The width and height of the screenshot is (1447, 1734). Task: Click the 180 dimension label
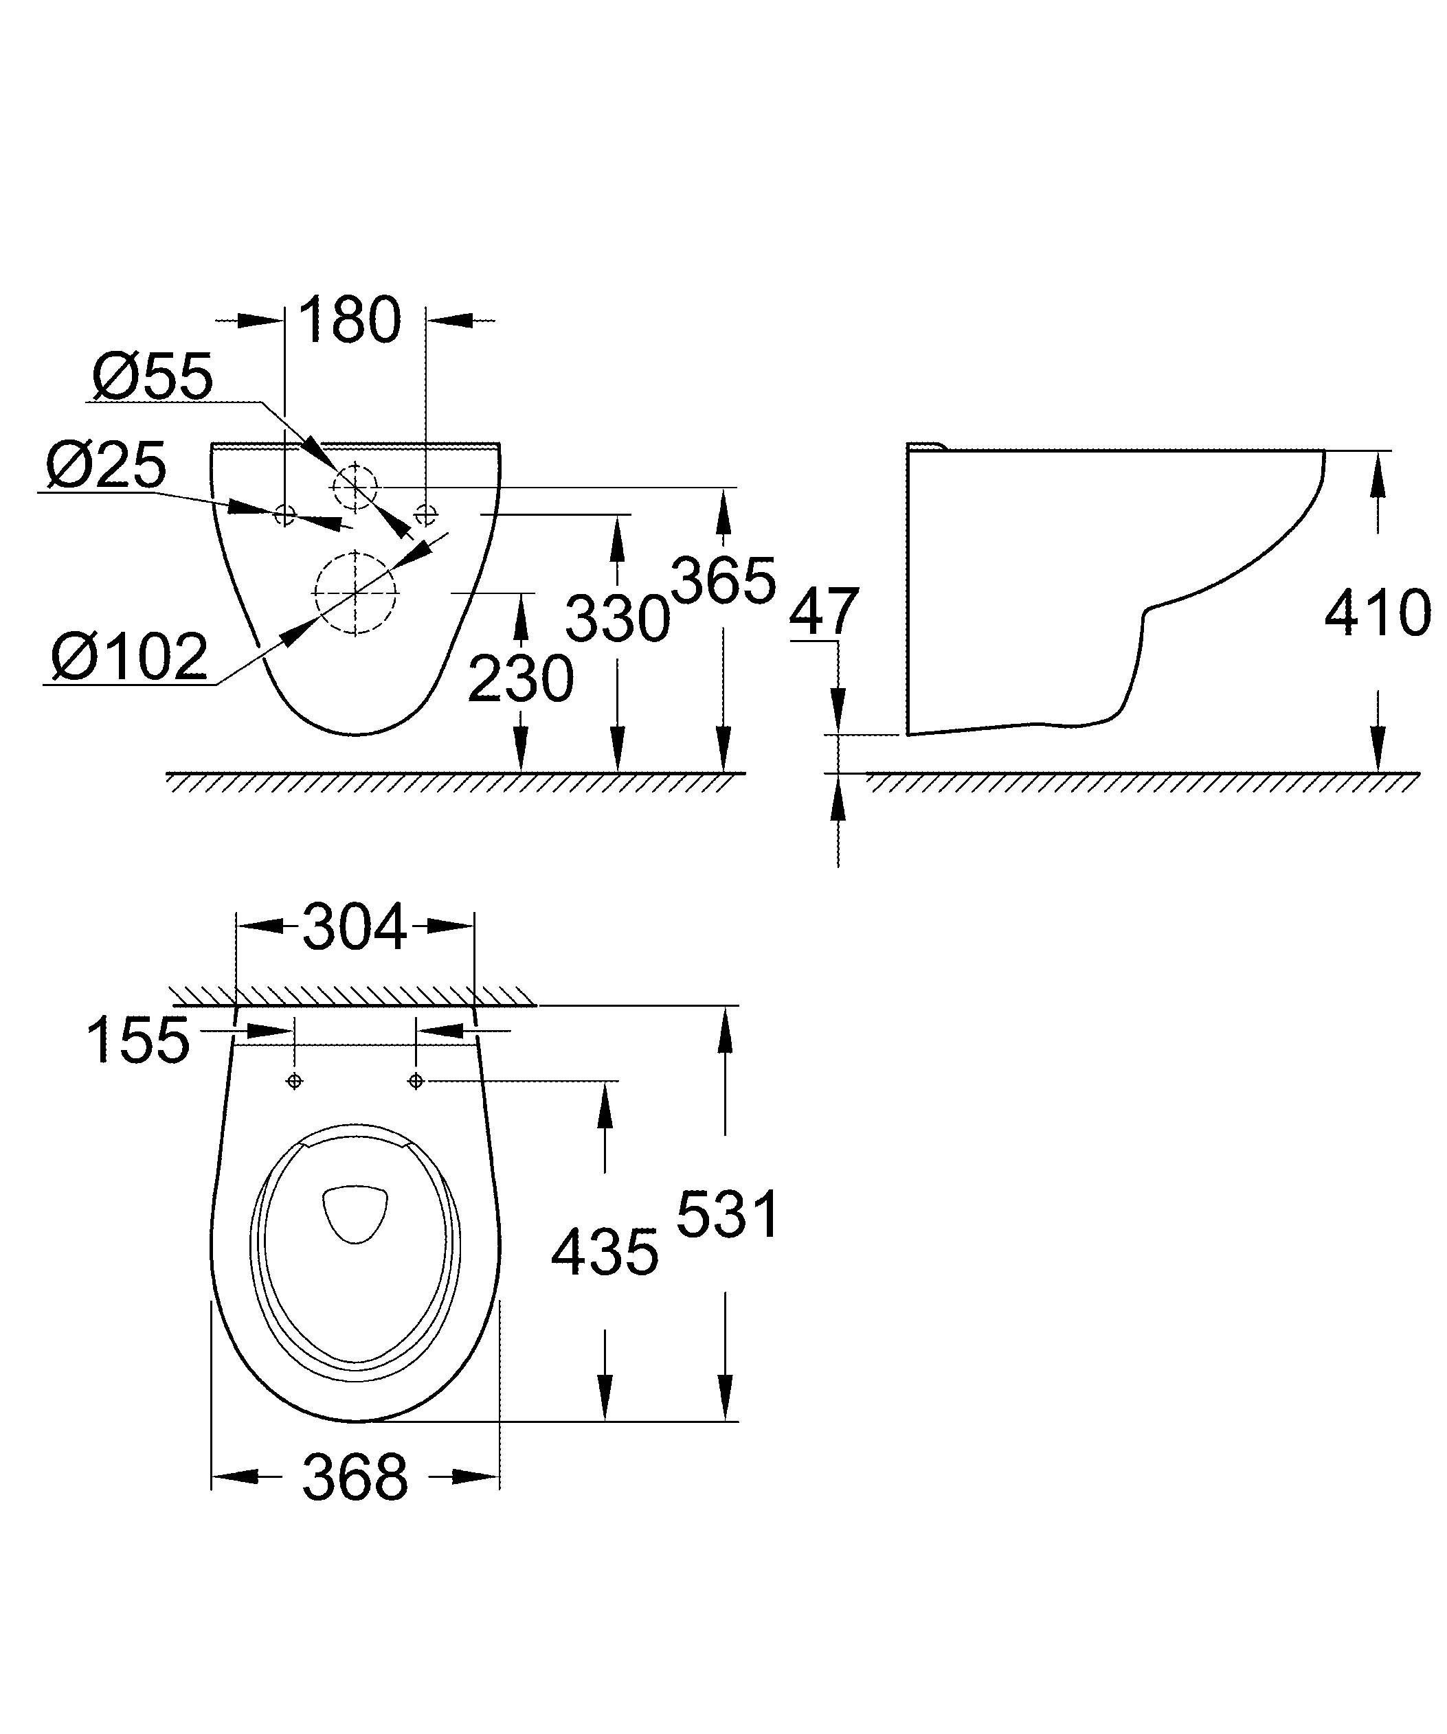click(348, 321)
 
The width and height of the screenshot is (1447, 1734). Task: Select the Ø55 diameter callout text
click(153, 377)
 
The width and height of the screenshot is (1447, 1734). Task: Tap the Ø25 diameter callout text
click(106, 466)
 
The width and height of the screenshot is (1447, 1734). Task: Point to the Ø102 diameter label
click(130, 657)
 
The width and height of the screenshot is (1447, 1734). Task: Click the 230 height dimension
click(520, 678)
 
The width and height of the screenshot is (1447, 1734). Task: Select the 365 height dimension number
click(724, 580)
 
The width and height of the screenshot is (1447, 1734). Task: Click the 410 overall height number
click(1377, 613)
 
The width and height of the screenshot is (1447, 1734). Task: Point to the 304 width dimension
click(355, 927)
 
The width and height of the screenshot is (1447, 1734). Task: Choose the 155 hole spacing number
click(138, 1040)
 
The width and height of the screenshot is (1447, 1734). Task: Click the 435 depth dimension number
click(605, 1252)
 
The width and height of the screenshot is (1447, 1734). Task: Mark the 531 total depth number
click(727, 1215)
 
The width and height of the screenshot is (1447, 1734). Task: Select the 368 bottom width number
click(355, 1477)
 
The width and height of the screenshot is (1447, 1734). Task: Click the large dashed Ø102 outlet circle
click(355, 592)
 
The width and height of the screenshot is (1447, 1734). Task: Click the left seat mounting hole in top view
click(294, 1081)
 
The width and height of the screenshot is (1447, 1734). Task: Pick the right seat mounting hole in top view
click(416, 1081)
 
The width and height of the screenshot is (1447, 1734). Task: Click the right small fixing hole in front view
click(426, 514)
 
